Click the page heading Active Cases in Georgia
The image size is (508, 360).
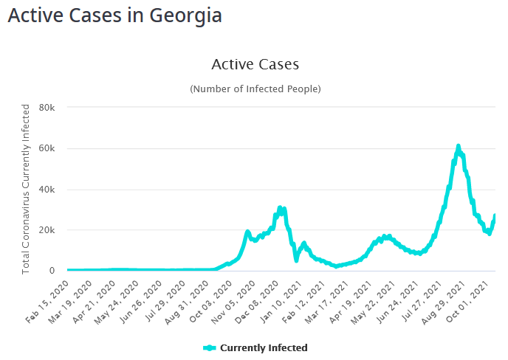(x=114, y=15)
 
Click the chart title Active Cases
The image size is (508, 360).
(x=255, y=64)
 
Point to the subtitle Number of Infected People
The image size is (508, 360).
(x=255, y=89)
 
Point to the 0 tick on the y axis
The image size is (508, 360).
(x=52, y=271)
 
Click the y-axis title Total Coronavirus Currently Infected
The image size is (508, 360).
(x=26, y=189)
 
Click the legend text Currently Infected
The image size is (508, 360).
(x=264, y=347)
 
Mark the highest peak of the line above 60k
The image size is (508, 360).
(x=458, y=146)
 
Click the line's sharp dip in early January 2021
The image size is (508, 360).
(x=296, y=260)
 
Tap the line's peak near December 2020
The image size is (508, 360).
(x=280, y=208)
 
